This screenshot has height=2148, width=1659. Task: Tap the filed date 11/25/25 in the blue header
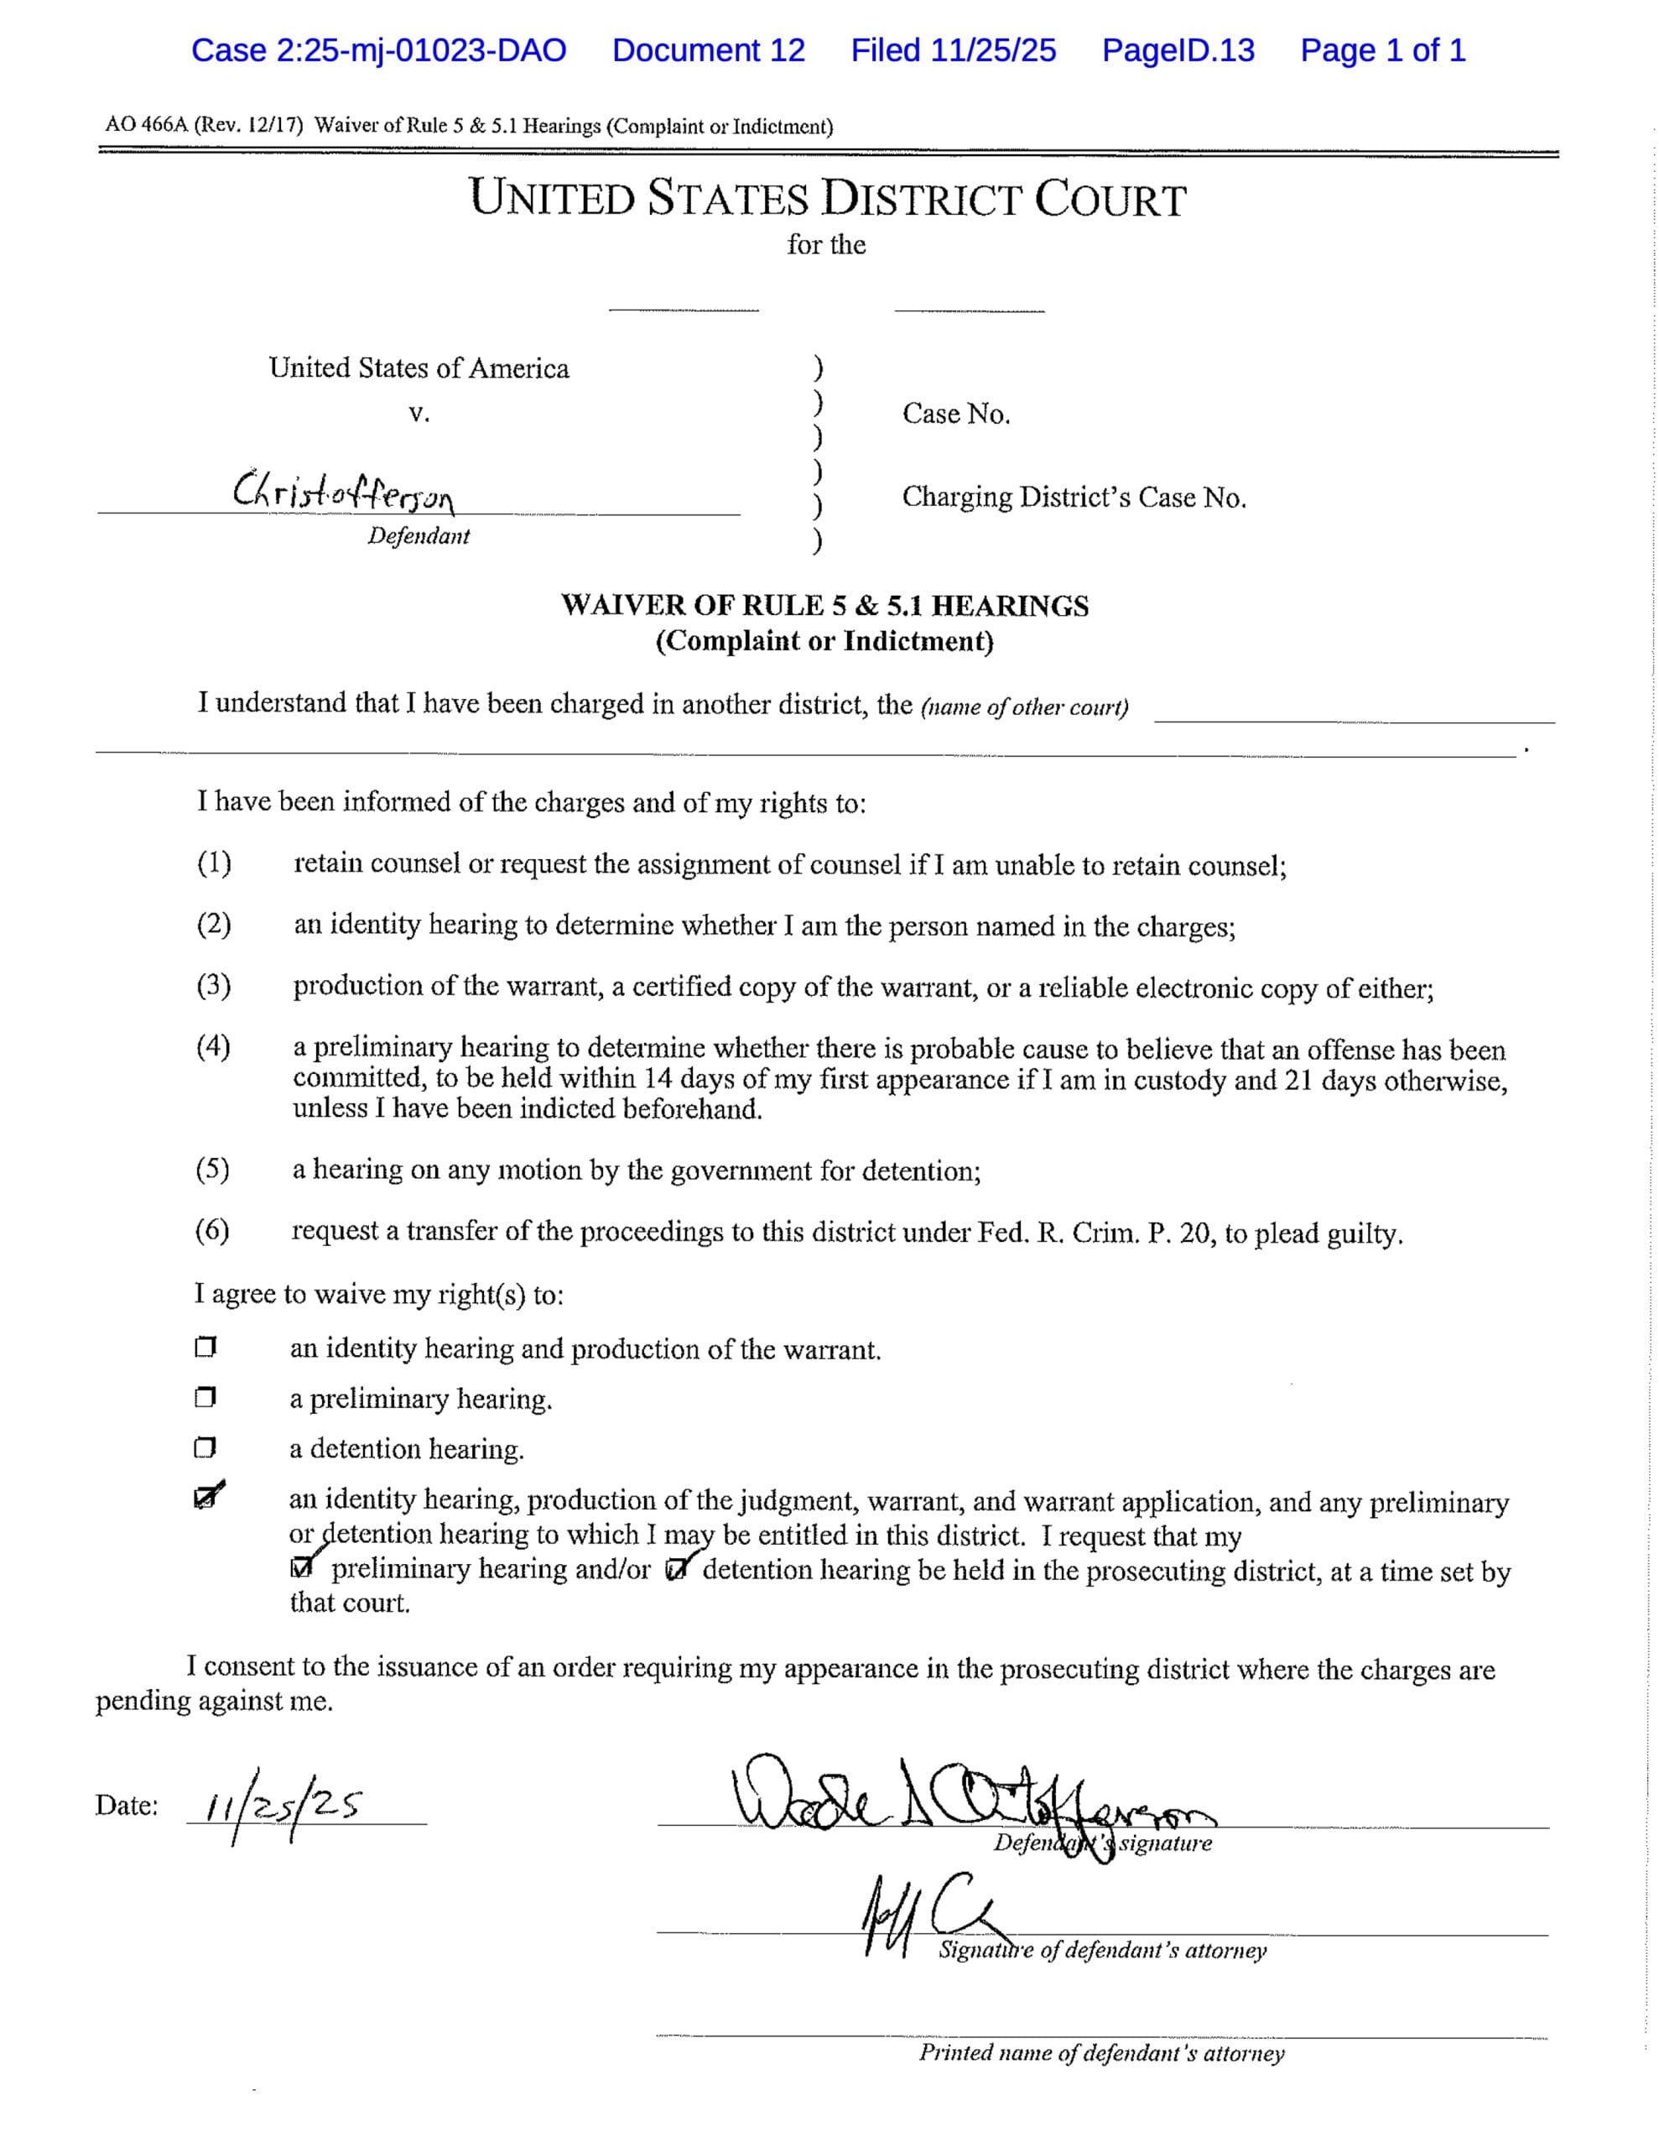pyautogui.click(x=953, y=50)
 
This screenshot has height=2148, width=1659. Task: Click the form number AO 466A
pyautogui.click(x=148, y=126)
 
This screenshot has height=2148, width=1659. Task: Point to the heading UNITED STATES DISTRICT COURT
pyautogui.click(x=828, y=199)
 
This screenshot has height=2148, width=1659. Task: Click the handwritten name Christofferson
pyautogui.click(x=344, y=490)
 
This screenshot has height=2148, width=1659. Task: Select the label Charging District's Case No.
pyautogui.click(x=1074, y=498)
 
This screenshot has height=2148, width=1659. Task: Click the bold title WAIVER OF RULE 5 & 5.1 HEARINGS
pyautogui.click(x=824, y=606)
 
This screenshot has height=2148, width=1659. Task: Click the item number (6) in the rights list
pyautogui.click(x=212, y=1229)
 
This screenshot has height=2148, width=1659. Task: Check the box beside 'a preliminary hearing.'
pyautogui.click(x=205, y=1398)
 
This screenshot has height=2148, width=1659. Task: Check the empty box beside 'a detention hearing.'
pyautogui.click(x=205, y=1447)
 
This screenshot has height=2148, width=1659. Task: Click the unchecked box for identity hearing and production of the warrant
pyautogui.click(x=205, y=1348)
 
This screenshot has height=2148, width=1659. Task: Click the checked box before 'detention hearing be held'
pyautogui.click(x=676, y=1570)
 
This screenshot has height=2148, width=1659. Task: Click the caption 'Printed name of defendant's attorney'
pyautogui.click(x=1101, y=2053)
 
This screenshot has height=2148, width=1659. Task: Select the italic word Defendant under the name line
pyautogui.click(x=419, y=536)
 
